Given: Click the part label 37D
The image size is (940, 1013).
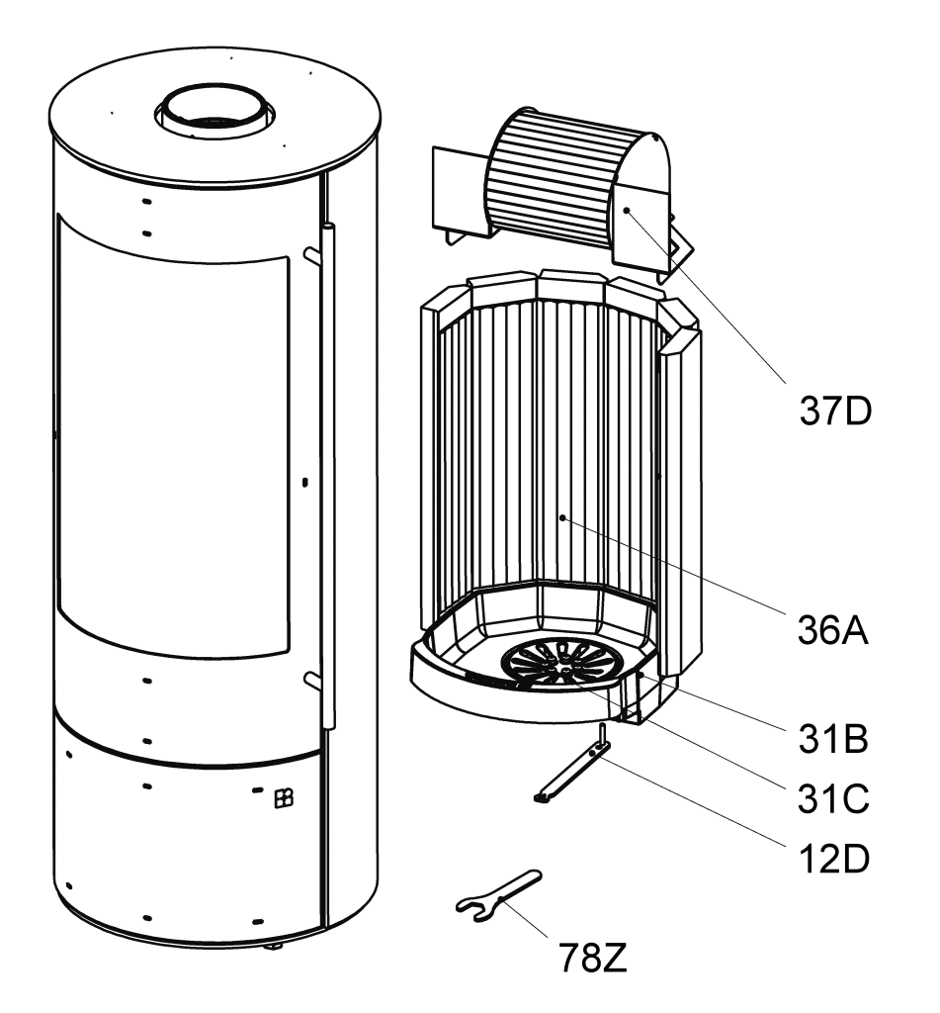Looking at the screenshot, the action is coord(835,411).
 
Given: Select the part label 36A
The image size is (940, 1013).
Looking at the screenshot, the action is coord(833,629).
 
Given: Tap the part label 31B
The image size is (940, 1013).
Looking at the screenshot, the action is coord(833,738).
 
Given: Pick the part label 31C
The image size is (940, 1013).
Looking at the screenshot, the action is coord(834,798).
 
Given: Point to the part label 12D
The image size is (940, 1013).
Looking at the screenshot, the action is coord(834,859).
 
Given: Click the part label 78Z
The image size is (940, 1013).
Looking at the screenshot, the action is coord(593,958).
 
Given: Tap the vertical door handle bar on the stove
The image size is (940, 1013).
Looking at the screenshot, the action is coord(328,476).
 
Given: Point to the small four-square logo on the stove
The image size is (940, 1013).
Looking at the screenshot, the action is coord(284,798).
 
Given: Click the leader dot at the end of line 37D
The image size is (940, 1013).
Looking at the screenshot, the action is coord(627,210).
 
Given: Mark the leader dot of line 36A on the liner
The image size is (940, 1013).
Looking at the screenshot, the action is coord(563,516).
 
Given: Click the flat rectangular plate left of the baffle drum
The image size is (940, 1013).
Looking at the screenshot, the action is coord(460,194).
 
